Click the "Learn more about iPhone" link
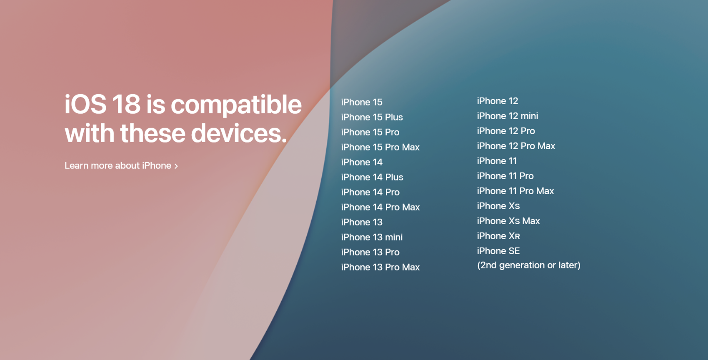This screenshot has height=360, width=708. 121,165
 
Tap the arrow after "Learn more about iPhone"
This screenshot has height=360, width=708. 176,166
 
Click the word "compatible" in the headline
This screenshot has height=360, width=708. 236,105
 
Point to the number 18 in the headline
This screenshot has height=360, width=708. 126,104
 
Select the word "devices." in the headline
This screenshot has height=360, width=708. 239,133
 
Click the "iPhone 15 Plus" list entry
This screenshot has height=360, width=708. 372,117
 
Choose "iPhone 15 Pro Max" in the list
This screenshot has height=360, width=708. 380,147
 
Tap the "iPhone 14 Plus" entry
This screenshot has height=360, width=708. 372,177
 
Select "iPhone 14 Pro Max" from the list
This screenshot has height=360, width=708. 380,207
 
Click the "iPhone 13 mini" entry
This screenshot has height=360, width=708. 372,237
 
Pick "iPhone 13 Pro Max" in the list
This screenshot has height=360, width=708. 380,267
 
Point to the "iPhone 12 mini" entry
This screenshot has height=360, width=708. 508,116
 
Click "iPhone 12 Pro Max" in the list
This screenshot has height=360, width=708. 516,146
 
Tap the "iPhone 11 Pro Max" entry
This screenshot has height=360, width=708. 515,191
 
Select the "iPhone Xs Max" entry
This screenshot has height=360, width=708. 508,221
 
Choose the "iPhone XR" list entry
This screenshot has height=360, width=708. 498,236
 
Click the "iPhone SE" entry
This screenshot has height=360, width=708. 498,251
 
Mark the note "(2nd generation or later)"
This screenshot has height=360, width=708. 529,265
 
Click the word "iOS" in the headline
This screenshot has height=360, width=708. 85,104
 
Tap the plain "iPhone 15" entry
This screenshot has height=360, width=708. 362,102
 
